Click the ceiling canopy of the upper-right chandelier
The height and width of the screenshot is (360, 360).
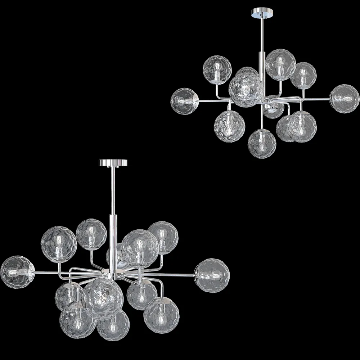(261, 13)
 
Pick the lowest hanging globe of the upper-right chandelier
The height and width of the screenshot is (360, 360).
(262, 144)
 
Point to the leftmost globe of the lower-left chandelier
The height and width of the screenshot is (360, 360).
(17, 271)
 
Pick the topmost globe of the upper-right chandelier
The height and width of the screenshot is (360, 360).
(281, 64)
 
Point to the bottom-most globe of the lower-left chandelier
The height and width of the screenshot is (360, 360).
(113, 325)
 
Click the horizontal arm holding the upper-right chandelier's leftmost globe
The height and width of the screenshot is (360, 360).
(209, 101)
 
